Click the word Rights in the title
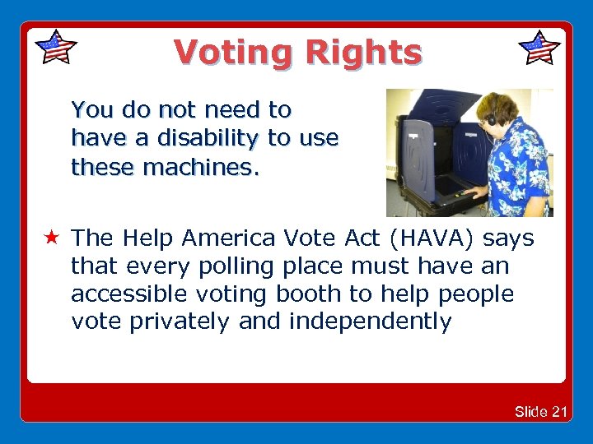point(363,53)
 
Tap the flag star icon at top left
point(56,48)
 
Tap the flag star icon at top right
point(539,48)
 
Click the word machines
point(201,168)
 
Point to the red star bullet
point(52,239)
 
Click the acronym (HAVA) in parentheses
point(435,238)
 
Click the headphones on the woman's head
point(492,115)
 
